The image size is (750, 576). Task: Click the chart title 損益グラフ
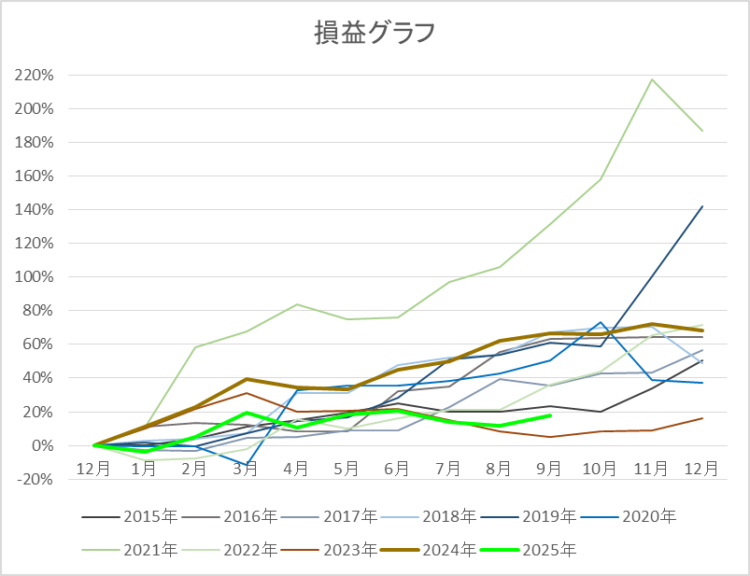click(x=374, y=33)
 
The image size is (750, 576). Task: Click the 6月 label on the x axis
click(x=397, y=468)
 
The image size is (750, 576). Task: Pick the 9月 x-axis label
click(x=549, y=468)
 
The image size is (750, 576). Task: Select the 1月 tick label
click(x=144, y=468)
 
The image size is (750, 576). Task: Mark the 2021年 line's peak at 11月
click(x=652, y=79)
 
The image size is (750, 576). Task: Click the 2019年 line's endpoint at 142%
click(x=702, y=206)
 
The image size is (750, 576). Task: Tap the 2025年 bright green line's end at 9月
click(x=550, y=415)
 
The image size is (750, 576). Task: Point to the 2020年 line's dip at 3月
click(x=246, y=465)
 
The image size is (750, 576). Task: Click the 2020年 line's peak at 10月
click(x=601, y=323)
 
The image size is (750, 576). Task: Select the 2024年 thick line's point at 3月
click(x=246, y=379)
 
